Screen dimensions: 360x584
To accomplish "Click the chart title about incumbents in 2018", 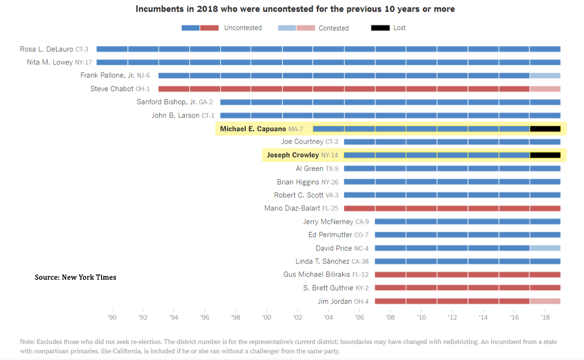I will point(295,9).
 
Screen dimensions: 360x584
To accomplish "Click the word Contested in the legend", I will point(333,28).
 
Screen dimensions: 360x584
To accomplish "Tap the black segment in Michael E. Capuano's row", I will point(545,129).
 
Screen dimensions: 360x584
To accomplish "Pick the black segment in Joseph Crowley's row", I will point(545,155).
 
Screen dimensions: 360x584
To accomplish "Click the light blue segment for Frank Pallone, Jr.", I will point(545,76).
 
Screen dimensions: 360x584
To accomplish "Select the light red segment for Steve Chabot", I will point(545,89).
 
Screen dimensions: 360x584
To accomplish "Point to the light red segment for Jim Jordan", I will point(545,301).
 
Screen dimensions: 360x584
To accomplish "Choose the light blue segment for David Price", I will point(545,248).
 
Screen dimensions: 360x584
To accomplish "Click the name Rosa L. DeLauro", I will point(46,49).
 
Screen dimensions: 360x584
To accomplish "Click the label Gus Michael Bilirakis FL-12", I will point(326,275).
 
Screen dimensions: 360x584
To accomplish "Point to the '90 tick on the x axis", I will point(112,318).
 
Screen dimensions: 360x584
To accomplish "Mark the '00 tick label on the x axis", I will point(267,318).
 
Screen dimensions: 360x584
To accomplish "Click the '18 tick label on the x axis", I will point(545,318).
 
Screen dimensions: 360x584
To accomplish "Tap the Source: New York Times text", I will point(76,277).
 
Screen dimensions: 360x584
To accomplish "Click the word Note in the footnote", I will point(27,342).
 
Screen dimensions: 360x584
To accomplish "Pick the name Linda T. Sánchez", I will point(317,261).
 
